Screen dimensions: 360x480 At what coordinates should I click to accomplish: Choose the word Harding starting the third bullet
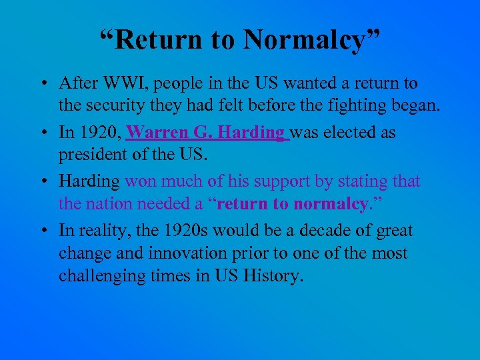tap(89, 181)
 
